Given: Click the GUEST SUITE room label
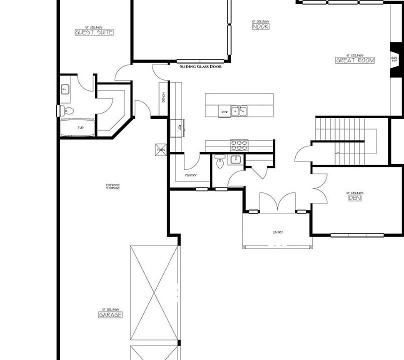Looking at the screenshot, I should (x=94, y=32).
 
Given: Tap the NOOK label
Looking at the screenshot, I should (x=260, y=26).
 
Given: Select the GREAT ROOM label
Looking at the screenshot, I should (x=354, y=60).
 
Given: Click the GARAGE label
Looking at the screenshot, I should (x=110, y=315).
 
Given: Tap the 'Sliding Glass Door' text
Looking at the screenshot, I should (x=200, y=66).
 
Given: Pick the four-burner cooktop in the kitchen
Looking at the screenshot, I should (x=239, y=145).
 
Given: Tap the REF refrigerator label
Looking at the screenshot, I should (x=173, y=127).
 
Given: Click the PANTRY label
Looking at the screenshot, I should (x=190, y=175).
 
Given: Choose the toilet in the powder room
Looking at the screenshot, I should (x=219, y=162).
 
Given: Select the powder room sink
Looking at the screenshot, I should (x=234, y=160).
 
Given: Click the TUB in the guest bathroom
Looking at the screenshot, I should (x=79, y=128).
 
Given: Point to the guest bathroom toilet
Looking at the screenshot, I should (x=67, y=110).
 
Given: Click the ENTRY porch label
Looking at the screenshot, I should (x=278, y=232).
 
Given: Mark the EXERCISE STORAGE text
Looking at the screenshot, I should (x=112, y=187).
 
